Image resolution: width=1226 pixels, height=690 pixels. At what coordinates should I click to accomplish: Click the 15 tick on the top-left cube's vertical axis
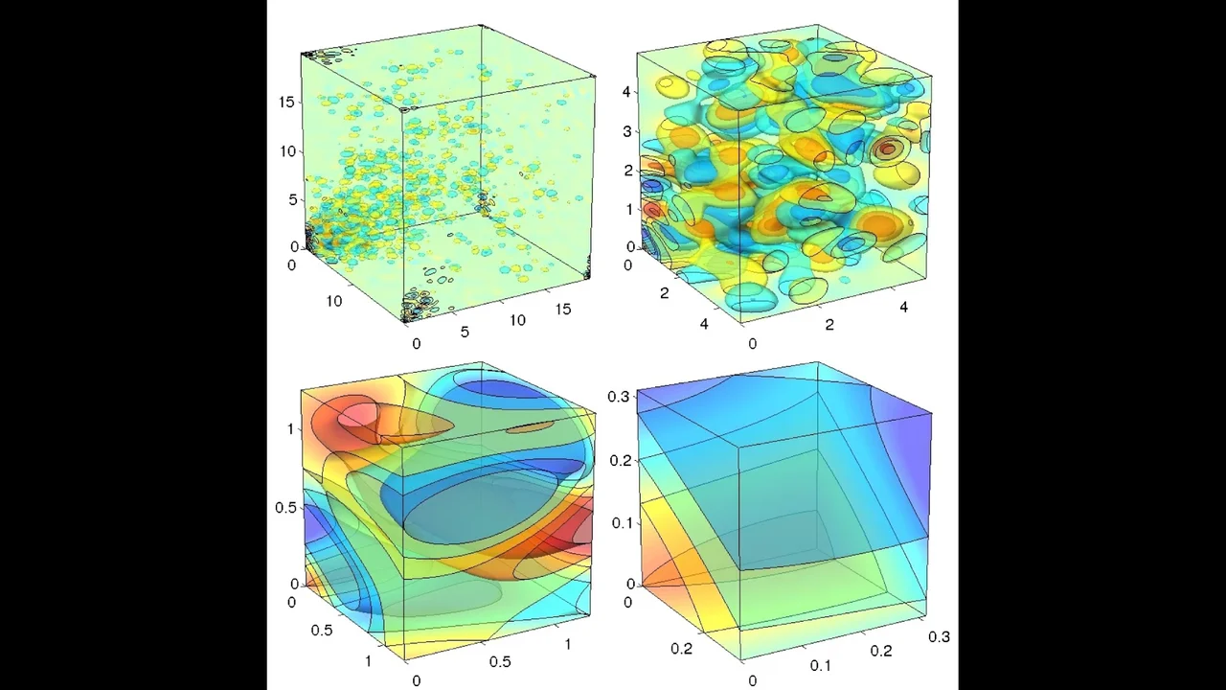coord(286,103)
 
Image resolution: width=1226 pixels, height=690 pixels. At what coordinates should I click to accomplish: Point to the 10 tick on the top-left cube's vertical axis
coord(286,151)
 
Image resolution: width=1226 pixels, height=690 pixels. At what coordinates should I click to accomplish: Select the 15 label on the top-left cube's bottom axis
coord(563,309)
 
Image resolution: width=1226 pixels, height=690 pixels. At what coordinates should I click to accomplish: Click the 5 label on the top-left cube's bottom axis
coord(465,332)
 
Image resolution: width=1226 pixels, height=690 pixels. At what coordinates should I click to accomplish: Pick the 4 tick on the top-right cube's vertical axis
coord(627,92)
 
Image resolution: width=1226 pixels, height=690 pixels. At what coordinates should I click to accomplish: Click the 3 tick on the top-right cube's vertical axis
coord(627,131)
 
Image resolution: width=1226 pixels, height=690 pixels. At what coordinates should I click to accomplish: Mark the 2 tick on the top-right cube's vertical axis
coord(627,171)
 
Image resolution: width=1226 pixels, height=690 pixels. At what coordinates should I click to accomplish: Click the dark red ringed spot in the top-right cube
coord(889,149)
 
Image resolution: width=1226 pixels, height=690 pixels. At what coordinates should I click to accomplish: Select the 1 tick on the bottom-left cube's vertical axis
coord(290,428)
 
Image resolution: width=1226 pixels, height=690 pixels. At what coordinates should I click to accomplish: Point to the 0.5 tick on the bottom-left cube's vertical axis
coord(285,507)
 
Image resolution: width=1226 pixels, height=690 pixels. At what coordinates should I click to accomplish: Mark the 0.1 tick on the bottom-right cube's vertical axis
coord(622,522)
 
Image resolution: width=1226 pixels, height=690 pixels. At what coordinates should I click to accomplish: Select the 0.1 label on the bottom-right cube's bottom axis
coord(821,665)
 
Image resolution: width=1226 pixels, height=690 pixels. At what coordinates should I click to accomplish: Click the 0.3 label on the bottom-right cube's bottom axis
coord(939,636)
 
